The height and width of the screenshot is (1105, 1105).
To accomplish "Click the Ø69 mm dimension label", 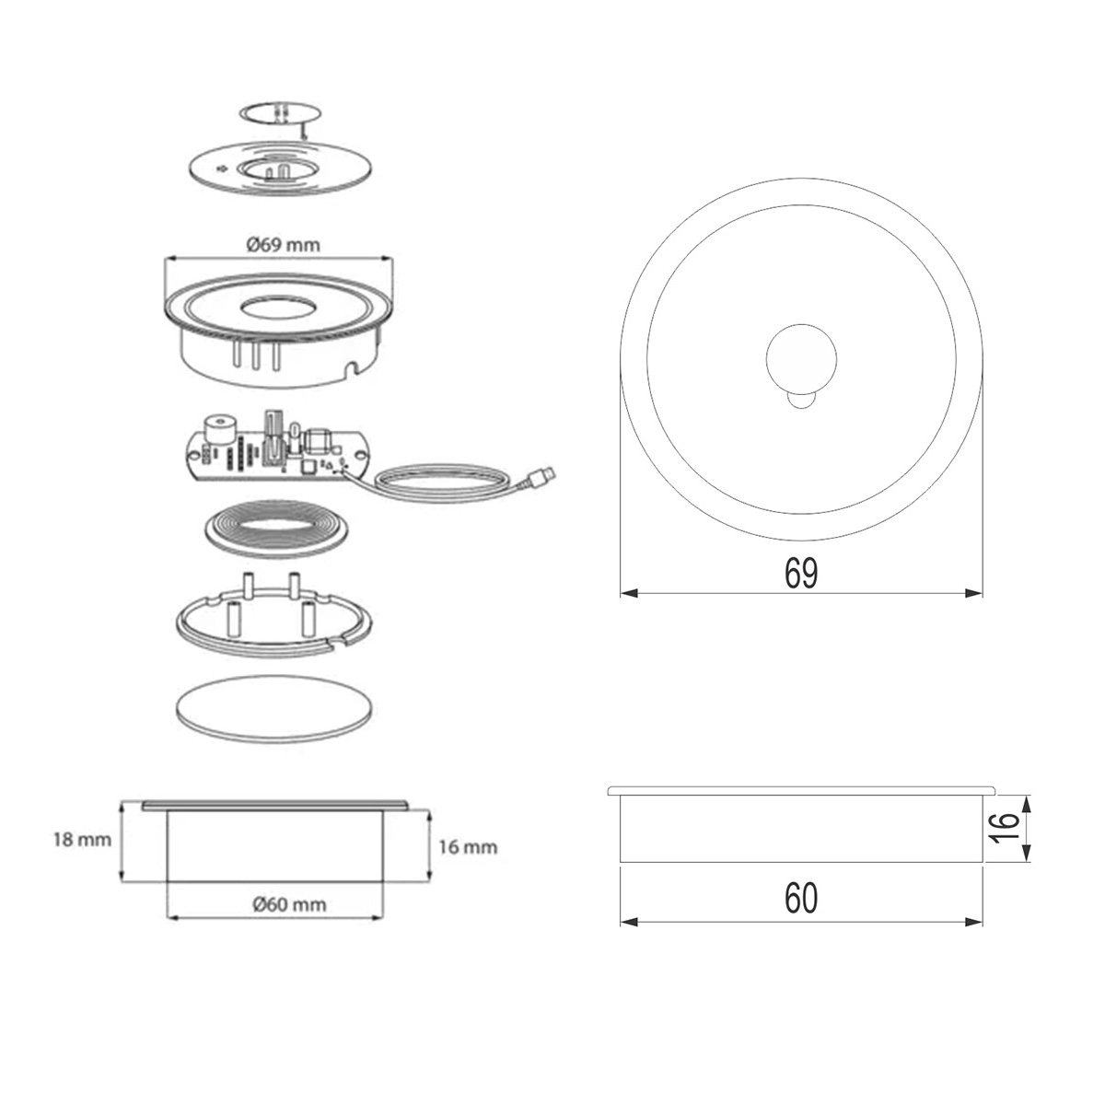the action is [x=284, y=246].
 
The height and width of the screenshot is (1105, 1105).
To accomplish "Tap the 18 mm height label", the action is [x=83, y=840].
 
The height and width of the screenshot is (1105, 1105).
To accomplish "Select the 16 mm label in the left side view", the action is [x=468, y=847].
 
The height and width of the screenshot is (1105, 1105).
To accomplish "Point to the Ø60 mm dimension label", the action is [x=289, y=904].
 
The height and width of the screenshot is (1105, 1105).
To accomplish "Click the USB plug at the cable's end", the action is [x=541, y=475].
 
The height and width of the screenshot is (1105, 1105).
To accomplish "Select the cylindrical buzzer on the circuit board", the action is [x=218, y=428].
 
